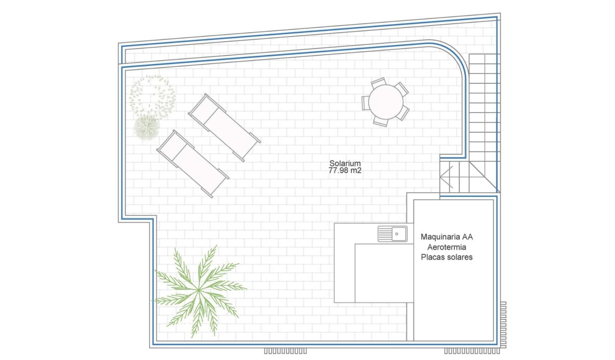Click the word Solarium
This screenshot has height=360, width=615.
(345, 164)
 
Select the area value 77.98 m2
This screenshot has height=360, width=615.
(345, 171)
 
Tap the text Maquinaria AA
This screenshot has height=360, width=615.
(447, 237)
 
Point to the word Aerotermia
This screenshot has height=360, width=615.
(447, 247)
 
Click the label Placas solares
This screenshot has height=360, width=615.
(447, 257)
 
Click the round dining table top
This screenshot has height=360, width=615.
(386, 102)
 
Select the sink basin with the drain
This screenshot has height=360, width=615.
(399, 234)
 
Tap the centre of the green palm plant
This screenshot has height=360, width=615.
(199, 290)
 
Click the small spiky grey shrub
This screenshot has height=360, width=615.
(147, 127)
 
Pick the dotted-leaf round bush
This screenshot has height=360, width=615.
(152, 96)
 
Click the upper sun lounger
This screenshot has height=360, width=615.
(224, 127)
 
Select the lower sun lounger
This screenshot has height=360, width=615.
(193, 164)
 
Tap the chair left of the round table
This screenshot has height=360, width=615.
(366, 103)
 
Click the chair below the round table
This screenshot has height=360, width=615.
(381, 121)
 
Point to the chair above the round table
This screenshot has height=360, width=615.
(379, 81)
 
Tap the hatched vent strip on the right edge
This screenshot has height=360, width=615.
(503, 325)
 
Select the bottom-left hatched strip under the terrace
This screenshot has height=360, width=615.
(285, 351)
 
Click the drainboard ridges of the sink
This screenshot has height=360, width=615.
(385, 234)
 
